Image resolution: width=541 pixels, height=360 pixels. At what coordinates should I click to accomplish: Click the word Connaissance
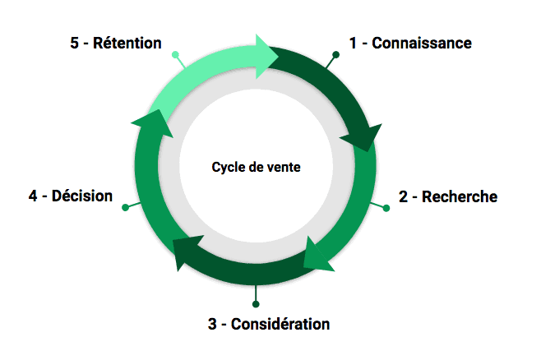[422, 43]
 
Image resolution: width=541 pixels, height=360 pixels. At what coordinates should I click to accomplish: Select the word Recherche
[460, 196]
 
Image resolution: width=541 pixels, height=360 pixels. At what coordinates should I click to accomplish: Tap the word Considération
[280, 323]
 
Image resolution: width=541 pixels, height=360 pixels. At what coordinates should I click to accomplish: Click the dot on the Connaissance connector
[335, 55]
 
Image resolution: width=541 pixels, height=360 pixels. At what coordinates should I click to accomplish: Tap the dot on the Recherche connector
[386, 209]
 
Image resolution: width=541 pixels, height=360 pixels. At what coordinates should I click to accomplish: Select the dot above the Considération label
[256, 305]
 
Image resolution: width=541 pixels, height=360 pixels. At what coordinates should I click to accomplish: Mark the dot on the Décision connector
[125, 207]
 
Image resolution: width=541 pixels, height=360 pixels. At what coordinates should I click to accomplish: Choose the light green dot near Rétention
[174, 55]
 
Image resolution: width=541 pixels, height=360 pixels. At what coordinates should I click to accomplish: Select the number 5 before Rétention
[75, 43]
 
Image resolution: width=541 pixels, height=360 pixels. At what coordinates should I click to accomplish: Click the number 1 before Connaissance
[353, 43]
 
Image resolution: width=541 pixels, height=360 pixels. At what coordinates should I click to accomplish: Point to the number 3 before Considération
[212, 323]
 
